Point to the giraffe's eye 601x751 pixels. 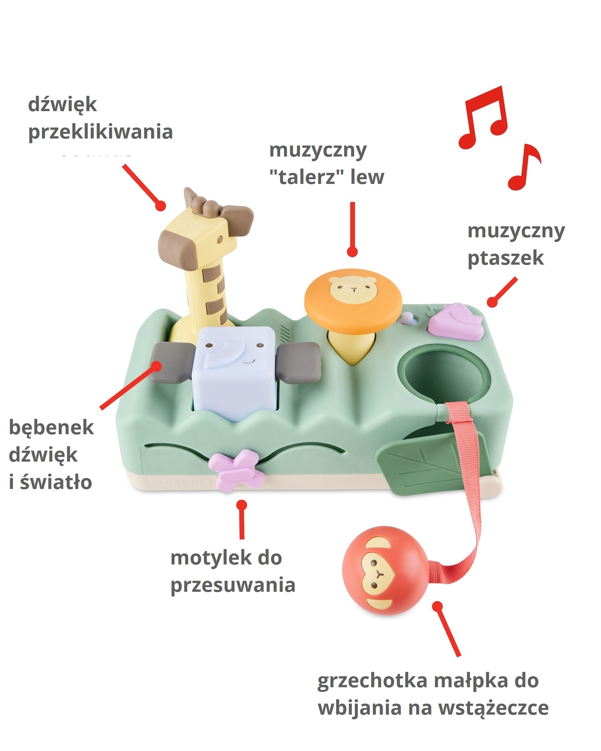tap(220, 240)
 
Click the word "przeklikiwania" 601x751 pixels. tap(101, 133)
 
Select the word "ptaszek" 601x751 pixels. tap(505, 258)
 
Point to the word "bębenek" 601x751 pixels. tap(51, 428)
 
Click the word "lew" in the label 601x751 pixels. tap(367, 177)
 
